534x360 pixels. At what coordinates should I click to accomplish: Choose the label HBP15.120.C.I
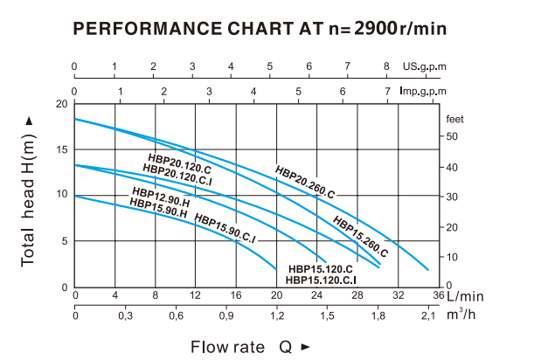321,280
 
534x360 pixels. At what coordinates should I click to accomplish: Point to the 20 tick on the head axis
61,103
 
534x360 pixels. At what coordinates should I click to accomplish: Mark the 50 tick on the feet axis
452,135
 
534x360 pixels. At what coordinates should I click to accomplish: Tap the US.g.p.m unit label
425,66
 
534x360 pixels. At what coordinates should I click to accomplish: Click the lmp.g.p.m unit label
423,89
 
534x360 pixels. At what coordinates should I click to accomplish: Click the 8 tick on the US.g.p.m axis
387,66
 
